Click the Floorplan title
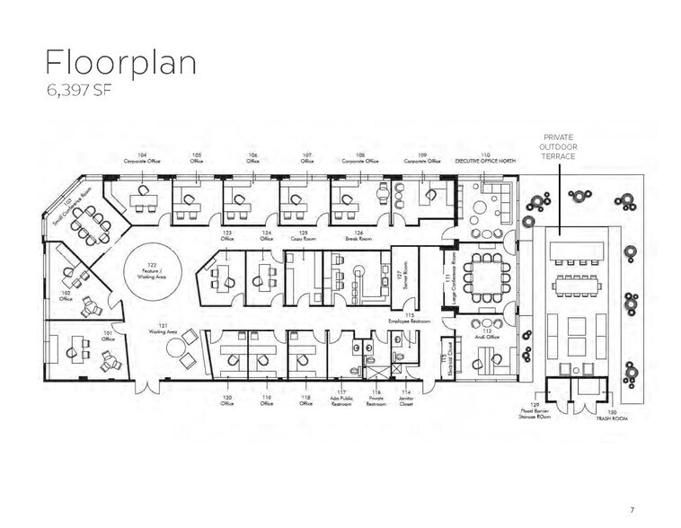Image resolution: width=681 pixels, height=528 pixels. tap(120, 64)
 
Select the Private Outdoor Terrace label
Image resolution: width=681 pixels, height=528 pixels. tap(558, 146)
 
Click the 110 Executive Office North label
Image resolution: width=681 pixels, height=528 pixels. tap(485, 158)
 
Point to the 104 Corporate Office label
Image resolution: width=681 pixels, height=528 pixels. tap(142, 158)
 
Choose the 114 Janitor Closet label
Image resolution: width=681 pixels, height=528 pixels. tap(407, 400)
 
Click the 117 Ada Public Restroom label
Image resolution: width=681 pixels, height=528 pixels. tap(341, 400)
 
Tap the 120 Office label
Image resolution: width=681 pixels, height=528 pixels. tap(227, 400)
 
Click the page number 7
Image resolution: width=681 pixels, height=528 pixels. tap(632, 510)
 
